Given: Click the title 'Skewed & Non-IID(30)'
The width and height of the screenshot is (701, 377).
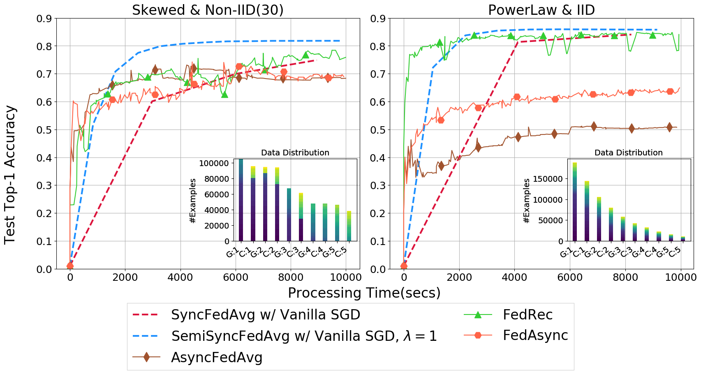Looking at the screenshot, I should [x=208, y=10].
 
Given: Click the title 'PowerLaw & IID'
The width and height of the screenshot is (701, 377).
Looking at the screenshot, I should [x=541, y=10].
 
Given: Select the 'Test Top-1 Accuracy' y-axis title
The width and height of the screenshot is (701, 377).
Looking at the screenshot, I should [x=10, y=175].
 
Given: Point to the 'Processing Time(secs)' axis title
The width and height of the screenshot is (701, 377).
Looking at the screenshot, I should [x=364, y=293].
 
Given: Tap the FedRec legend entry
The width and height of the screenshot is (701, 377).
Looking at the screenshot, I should [x=527, y=315].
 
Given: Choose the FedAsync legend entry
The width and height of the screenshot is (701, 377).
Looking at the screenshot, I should [x=535, y=335].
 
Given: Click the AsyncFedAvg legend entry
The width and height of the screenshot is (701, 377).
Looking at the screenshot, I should [x=217, y=358].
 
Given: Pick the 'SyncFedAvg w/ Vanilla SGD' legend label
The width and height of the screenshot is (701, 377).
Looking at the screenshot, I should [x=266, y=315].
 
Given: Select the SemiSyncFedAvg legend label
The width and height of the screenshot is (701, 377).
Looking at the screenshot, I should [x=304, y=336].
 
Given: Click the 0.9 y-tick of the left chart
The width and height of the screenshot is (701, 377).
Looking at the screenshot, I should [x=44, y=19].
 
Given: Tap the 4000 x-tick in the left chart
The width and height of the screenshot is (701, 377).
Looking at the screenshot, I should [x=180, y=278].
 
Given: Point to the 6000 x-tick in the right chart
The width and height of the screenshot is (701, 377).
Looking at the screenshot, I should [x=570, y=278].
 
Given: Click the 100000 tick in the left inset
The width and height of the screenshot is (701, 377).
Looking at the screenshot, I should [x=214, y=163].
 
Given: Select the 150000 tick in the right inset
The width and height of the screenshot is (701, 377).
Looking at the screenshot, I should [x=548, y=179].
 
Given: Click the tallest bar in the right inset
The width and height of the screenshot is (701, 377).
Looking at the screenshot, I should [x=575, y=202].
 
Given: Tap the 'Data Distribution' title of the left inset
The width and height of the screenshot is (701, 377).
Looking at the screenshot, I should [x=295, y=153].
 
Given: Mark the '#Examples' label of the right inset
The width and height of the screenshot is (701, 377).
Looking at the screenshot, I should [x=527, y=201].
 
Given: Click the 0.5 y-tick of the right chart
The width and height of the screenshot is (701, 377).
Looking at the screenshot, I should [x=378, y=130].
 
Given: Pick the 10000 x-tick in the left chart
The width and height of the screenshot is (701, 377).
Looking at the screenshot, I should [x=346, y=278].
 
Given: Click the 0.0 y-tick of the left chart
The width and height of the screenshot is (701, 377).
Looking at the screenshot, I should [x=44, y=269].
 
